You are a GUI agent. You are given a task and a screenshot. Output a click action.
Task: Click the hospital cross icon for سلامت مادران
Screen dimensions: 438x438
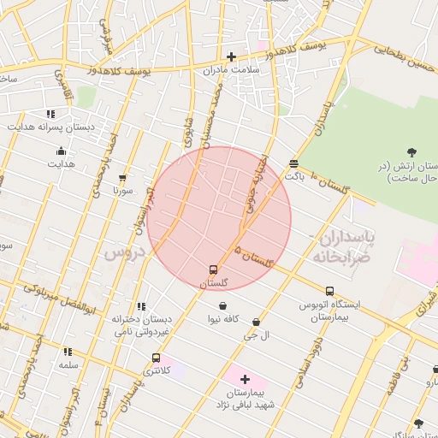tap(231, 57)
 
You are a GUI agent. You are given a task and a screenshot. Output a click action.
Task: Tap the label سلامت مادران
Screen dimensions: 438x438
tap(230, 71)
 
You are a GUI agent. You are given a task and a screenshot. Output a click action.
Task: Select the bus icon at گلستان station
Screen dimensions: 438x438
tap(214, 269)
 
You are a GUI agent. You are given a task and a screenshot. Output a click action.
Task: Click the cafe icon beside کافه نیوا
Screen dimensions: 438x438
tap(222, 305)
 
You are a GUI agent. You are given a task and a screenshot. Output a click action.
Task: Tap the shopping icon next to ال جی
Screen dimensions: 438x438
tap(256, 322)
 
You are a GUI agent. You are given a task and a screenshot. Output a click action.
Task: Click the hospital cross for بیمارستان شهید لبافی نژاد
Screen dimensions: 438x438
tap(246, 379)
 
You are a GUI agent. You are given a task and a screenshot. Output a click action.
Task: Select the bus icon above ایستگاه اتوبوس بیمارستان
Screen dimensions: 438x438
tap(329, 291)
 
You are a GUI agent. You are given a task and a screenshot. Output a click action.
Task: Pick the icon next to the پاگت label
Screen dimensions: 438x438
tap(294, 163)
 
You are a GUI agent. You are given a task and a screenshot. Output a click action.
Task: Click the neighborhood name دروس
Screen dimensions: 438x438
tap(121, 253)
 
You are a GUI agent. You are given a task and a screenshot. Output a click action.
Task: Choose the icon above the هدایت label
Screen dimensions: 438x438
tap(61, 150)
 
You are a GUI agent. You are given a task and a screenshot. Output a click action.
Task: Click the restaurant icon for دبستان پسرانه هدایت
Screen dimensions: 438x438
tap(51, 113)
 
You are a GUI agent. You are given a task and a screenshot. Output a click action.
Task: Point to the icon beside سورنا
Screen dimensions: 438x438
tap(122, 178)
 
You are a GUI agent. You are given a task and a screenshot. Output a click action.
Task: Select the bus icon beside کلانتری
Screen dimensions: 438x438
tap(155, 358)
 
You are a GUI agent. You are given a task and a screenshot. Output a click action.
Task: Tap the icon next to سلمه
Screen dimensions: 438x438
tap(68, 351)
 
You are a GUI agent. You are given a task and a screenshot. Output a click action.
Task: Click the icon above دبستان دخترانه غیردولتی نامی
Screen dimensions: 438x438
tap(142, 305)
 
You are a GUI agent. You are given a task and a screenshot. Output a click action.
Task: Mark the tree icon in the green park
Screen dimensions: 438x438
tap(412, 152)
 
